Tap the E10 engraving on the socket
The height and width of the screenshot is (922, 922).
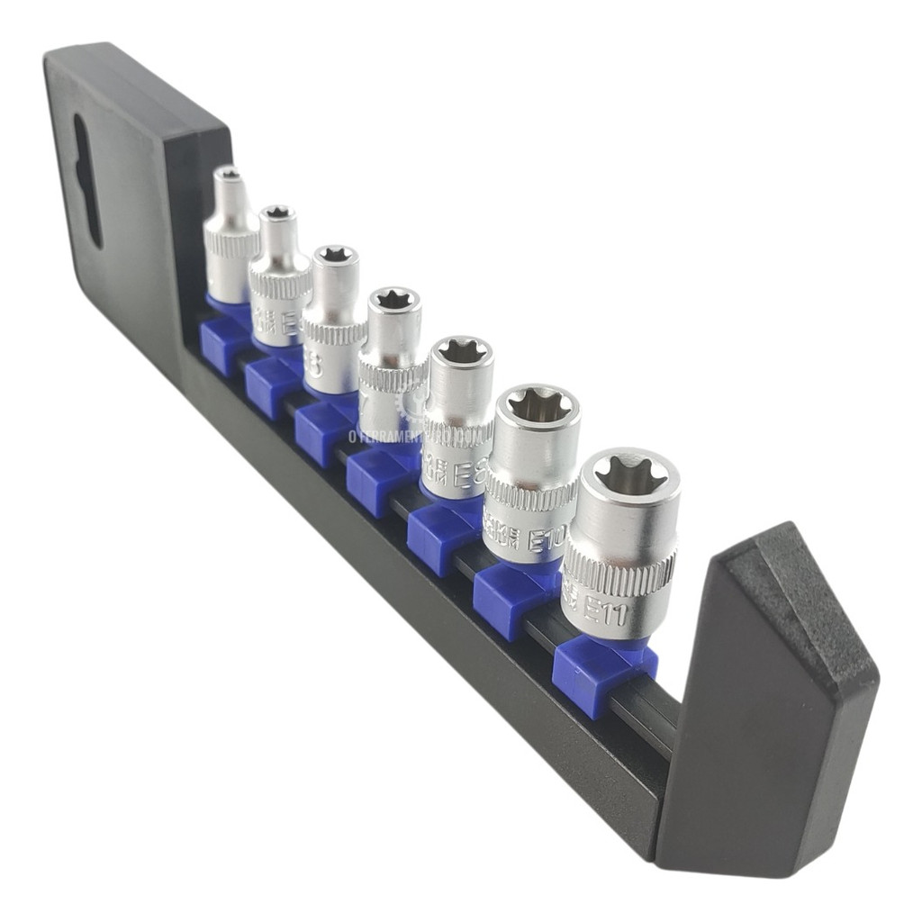(547, 538)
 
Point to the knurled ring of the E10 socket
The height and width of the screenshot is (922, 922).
(531, 494)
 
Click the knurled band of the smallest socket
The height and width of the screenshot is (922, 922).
(230, 240)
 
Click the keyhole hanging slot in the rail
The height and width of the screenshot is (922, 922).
(86, 180)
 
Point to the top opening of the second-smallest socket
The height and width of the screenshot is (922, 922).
(277, 212)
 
